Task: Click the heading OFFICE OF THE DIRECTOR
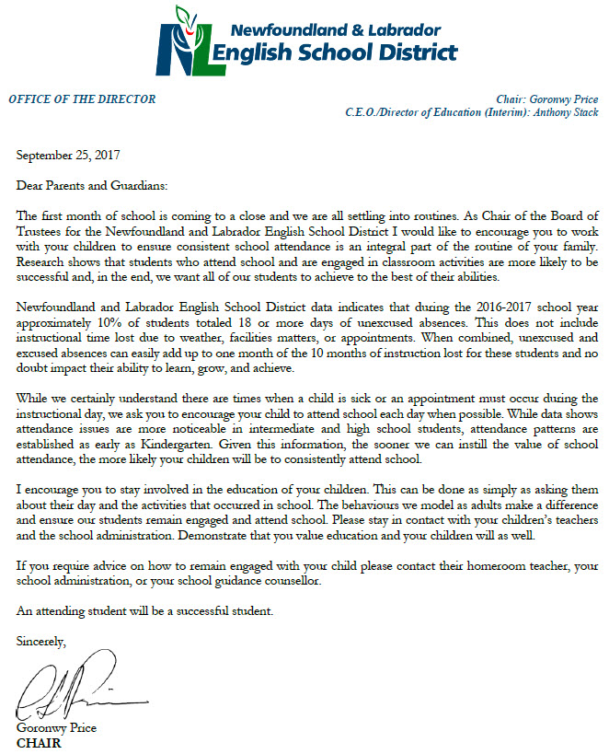pos(82,99)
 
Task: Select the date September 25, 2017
pos(69,156)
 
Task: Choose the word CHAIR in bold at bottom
pos(39,742)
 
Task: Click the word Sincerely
pos(41,642)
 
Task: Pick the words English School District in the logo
pos(334,52)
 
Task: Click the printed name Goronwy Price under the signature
pos(57,728)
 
